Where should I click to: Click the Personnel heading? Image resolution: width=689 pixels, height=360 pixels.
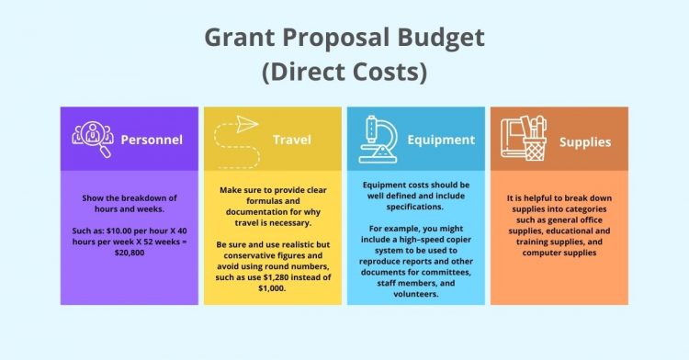(152, 141)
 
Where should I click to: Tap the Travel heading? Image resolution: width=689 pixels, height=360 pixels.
(291, 141)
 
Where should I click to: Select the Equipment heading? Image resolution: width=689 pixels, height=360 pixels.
(441, 141)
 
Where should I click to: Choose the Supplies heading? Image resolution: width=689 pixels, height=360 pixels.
(585, 141)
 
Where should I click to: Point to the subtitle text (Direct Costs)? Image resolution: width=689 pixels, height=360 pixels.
(344, 73)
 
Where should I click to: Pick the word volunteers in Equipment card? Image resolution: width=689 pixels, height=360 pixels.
(417, 295)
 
